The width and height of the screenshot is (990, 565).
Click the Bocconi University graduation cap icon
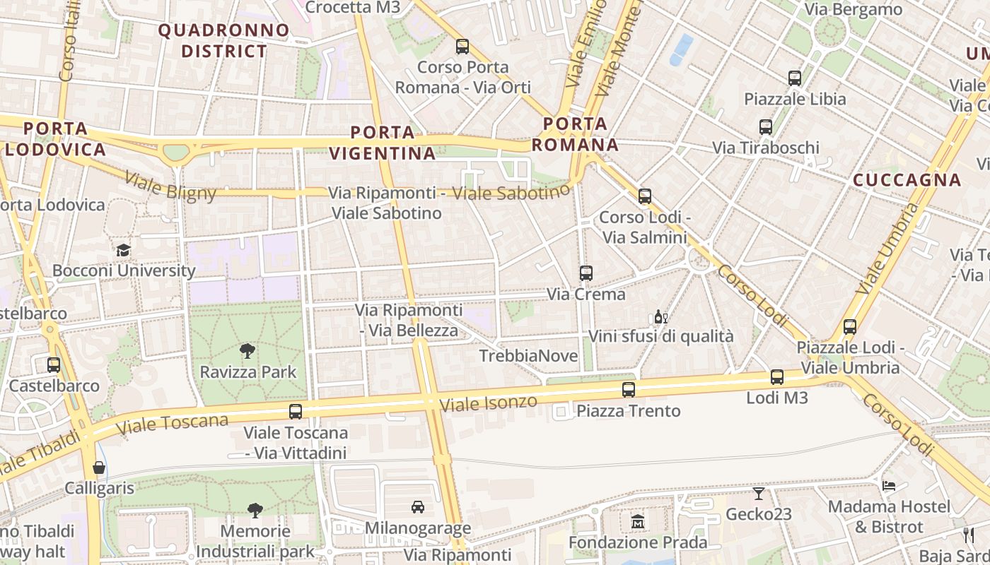123,251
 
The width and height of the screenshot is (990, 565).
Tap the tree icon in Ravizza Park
248,351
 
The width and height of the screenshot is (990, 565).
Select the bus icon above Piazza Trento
628,390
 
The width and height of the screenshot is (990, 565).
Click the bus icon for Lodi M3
777,377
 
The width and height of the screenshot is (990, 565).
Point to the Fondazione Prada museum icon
638,522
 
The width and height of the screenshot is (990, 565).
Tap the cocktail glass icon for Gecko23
759,493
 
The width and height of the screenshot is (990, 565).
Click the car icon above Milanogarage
418,506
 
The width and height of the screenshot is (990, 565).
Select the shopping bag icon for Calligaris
99,468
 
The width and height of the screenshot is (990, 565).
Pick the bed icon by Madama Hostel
889,485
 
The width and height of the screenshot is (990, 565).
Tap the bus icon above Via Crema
586,273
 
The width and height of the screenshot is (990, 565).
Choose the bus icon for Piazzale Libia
795,78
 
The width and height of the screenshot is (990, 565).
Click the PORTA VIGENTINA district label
383,143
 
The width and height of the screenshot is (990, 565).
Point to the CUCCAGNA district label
907,180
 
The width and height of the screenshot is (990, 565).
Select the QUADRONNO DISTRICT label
224,41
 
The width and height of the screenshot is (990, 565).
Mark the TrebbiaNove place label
528,356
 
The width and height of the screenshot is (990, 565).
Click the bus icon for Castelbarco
54,365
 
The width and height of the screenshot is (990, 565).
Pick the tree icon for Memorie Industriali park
255,510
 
